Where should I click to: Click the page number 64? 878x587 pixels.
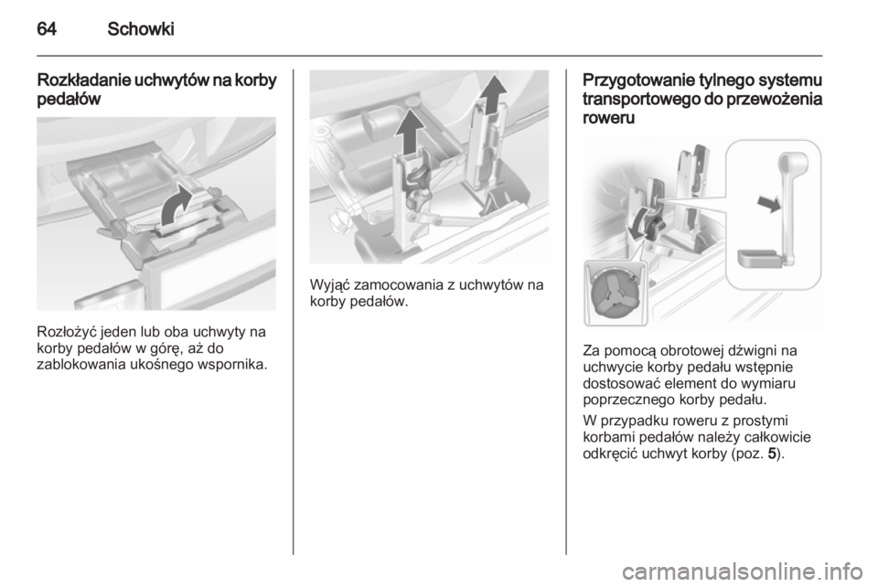coord(47,28)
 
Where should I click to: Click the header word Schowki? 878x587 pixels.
coord(141,28)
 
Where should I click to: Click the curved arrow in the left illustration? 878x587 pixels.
coord(176,207)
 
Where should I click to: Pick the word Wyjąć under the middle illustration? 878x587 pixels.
coord(329,286)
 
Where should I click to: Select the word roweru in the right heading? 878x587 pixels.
coord(609,118)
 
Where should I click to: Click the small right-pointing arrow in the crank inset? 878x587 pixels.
coord(769,203)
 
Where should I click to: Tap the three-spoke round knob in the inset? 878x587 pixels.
coord(613,293)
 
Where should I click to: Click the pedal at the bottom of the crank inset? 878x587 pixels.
coord(756,259)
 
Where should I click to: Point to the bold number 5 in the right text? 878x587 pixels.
coord(772,454)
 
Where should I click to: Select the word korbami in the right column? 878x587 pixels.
coord(609,437)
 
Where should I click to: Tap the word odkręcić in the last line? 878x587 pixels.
coord(610,454)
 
